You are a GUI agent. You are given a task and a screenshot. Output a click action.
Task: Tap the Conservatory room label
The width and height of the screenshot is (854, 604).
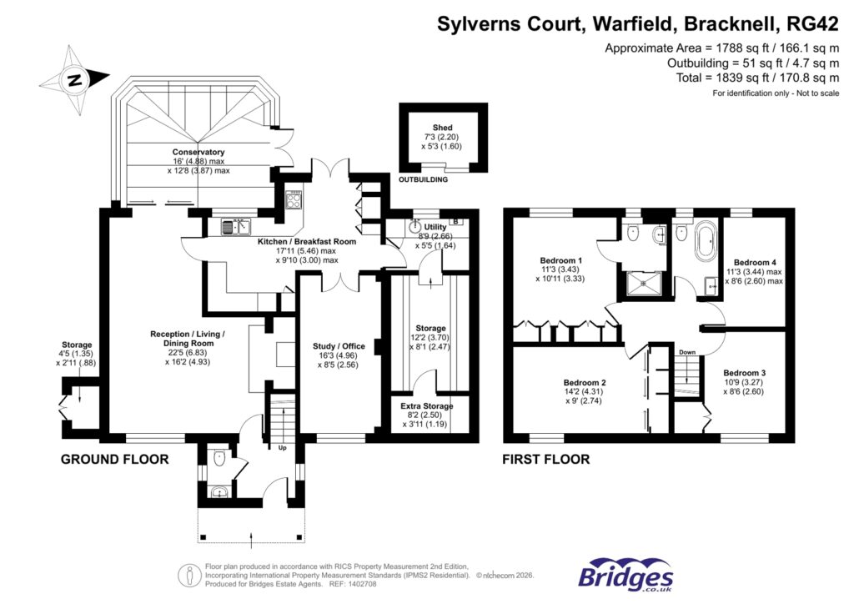[x=198, y=152]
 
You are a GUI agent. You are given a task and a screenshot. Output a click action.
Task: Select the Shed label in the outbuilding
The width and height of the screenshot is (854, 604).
[x=442, y=127]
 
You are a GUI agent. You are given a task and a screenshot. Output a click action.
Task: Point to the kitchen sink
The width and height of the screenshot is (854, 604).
[x=237, y=226]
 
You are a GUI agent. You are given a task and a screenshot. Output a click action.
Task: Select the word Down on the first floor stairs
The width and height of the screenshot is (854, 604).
[x=687, y=352]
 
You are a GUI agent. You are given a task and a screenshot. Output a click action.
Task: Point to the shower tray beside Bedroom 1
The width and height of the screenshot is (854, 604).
[x=642, y=284]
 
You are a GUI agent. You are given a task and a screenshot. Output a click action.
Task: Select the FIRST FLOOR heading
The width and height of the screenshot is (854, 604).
[x=545, y=459]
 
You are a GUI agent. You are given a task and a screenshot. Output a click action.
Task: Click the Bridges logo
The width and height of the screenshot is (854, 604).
[x=626, y=576]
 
